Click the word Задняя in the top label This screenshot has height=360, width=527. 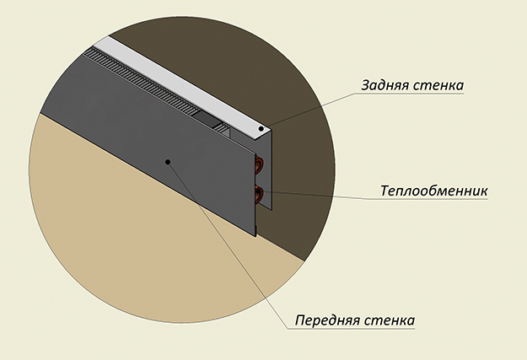(384, 85)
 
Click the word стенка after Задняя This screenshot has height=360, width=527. (438, 86)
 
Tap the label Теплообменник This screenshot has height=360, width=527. (434, 191)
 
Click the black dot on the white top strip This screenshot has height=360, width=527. (261, 128)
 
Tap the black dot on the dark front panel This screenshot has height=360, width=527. (168, 162)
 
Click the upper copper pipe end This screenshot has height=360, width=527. (258, 164)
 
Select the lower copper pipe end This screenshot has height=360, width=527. (258, 195)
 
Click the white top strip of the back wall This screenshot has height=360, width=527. (181, 83)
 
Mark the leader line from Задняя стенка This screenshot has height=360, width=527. (309, 110)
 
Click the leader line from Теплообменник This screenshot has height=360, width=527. (316, 196)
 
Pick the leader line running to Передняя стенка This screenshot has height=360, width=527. (228, 245)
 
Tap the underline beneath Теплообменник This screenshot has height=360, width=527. (430, 199)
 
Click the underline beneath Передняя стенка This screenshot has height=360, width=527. (352, 329)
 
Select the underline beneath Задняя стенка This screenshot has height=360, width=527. (409, 94)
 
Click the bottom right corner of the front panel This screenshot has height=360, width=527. (255, 236)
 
